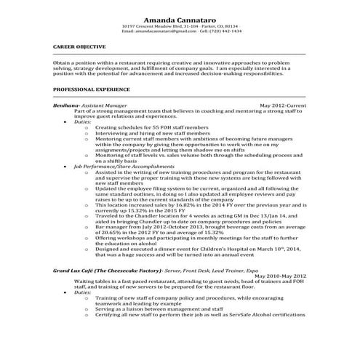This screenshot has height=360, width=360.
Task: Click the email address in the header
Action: click(x=167, y=31)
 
